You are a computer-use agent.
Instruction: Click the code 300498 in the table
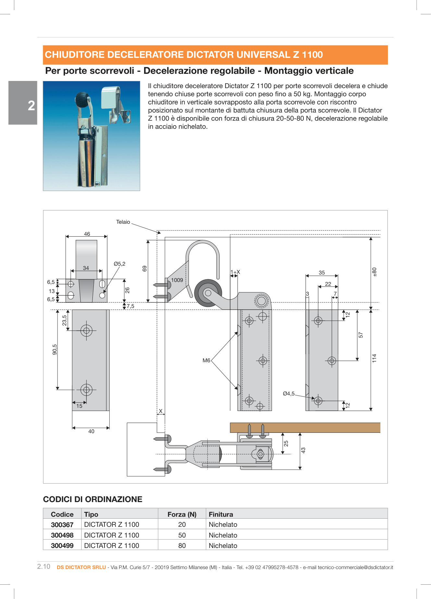62,535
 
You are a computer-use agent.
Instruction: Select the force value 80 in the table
182,546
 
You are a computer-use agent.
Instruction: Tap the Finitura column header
221,514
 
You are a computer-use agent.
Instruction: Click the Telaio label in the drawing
123,222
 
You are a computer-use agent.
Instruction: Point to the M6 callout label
206,360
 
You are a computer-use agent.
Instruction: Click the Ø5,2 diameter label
119,264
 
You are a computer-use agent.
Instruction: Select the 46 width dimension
87,234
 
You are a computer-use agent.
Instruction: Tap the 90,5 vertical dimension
55,349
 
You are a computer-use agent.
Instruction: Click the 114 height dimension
374,358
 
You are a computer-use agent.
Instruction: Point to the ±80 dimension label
374,272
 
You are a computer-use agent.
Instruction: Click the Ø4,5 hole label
289,393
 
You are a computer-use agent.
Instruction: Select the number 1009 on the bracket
177,280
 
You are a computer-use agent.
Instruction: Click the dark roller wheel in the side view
208,293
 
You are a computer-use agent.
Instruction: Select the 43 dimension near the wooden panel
303,450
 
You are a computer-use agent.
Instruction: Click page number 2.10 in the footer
44,566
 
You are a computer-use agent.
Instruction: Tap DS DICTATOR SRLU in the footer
81,567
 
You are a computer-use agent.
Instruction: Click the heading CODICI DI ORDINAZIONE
92,499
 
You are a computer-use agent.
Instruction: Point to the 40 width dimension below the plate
91,431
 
